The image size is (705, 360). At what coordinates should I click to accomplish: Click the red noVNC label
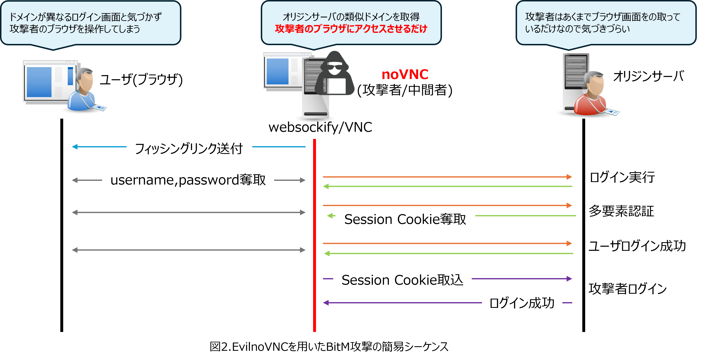pyautogui.click(x=405, y=75)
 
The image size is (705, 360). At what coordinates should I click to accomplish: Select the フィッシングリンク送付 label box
pyautogui.click(x=189, y=148)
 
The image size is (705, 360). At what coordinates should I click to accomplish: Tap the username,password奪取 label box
pyautogui.click(x=188, y=180)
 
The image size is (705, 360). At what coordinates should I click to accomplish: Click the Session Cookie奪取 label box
pyautogui.click(x=405, y=219)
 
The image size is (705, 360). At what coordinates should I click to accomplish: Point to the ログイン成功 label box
pyautogui.click(x=522, y=303)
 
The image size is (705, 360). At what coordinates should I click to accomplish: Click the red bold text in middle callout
pyautogui.click(x=351, y=29)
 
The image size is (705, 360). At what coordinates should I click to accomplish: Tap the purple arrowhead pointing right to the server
pyautogui.click(x=569, y=279)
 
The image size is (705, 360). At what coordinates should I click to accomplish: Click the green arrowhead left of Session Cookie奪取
pyautogui.click(x=330, y=216)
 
